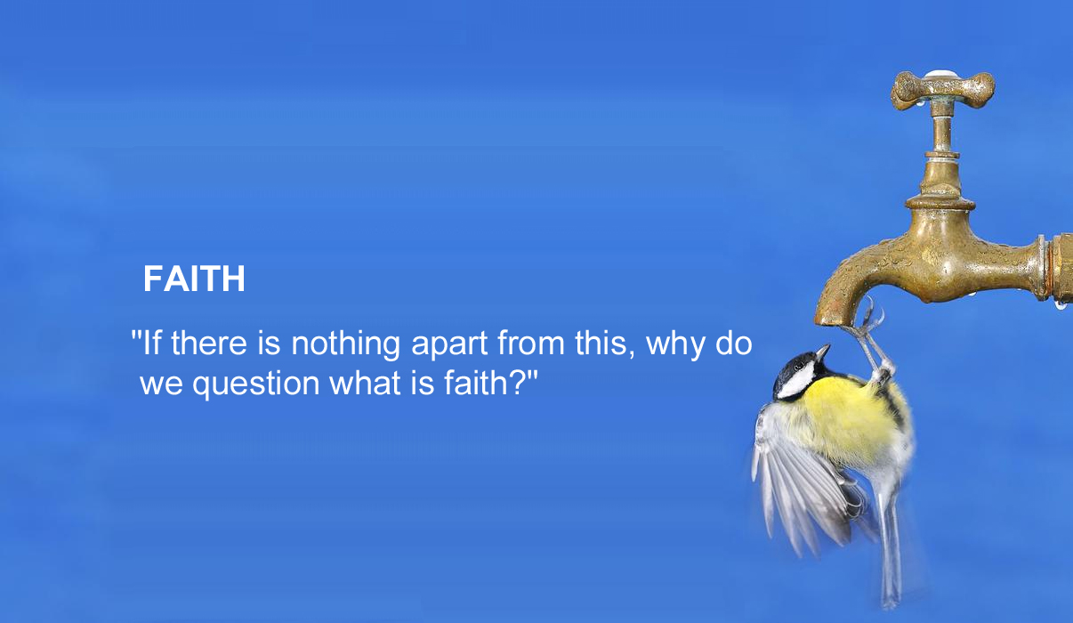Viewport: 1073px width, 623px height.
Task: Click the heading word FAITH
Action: click(x=194, y=279)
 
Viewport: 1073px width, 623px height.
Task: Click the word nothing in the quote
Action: click(x=345, y=344)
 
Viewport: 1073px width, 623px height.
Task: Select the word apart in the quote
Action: click(x=450, y=344)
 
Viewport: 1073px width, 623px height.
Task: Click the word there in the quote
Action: click(x=209, y=343)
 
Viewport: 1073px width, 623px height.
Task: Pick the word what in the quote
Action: click(x=365, y=383)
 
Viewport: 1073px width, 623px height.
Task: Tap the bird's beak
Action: click(x=823, y=352)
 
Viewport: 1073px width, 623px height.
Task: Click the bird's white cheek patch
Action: click(x=796, y=381)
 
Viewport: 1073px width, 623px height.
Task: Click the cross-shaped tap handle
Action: click(x=942, y=89)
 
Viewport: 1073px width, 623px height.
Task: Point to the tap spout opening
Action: click(x=833, y=322)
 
